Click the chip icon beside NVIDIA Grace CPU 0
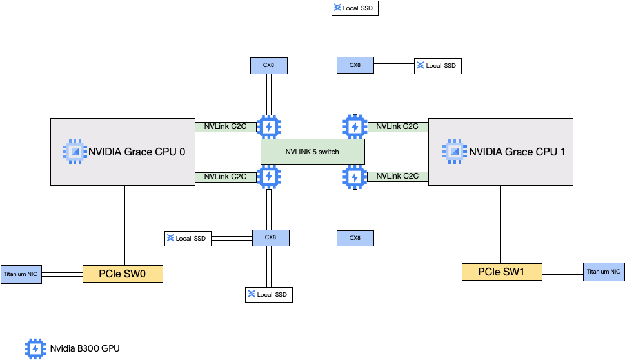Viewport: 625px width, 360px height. coord(74,151)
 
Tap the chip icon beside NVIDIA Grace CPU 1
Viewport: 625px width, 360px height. coord(454,151)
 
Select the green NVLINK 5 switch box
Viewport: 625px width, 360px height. coord(313,152)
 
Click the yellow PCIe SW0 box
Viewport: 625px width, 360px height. coord(123,274)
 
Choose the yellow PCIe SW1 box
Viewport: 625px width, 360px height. coord(502,272)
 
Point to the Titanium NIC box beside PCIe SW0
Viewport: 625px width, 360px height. coord(21,274)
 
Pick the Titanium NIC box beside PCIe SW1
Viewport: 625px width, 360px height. coord(604,272)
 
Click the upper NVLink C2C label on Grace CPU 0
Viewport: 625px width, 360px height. coord(225,127)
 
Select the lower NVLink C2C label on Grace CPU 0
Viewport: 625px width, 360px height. coord(225,177)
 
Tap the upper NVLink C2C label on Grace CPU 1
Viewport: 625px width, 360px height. coord(397,127)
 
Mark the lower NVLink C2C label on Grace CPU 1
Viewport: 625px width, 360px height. coord(397,176)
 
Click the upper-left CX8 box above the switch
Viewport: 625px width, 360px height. coord(268,65)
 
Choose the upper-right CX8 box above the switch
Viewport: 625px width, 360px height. coord(355,65)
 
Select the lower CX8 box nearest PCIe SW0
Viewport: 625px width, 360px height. coord(270,237)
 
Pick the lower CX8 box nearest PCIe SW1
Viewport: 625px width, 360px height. coord(355,238)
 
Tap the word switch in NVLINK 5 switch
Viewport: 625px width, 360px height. coord(328,152)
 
